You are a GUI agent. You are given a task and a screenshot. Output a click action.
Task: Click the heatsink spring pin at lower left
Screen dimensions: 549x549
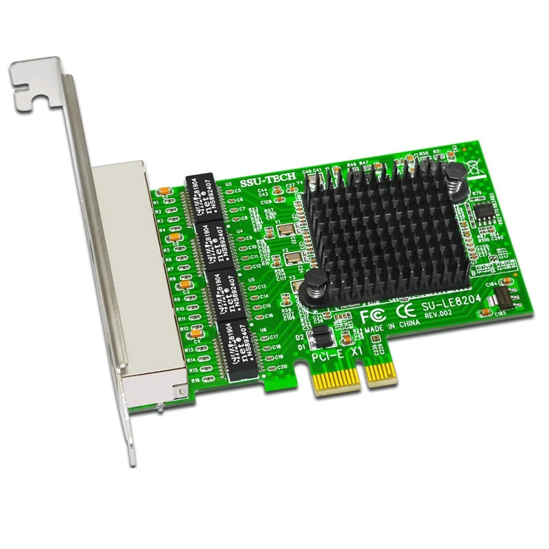317,281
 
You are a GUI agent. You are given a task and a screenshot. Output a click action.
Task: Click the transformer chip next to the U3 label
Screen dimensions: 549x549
204,196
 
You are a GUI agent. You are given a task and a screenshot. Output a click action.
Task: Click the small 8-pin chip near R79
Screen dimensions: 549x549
488,209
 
